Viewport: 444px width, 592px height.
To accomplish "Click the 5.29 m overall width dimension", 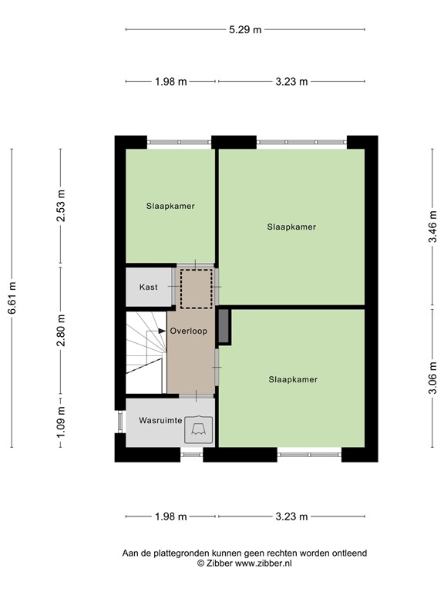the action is [245, 29].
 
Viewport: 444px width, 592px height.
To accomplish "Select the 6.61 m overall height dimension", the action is [12, 298].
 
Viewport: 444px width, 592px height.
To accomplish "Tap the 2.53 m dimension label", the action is [61, 205].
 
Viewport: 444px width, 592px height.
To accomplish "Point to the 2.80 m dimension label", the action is [61, 331].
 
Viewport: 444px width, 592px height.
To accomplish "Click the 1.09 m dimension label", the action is [61, 422].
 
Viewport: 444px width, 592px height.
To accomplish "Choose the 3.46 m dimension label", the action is [432, 227].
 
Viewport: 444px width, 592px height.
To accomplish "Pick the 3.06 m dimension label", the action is [432, 378].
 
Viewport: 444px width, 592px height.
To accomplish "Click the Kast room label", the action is [148, 287].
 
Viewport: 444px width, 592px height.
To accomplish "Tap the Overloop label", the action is [188, 331].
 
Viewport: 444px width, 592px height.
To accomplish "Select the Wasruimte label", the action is [160, 420].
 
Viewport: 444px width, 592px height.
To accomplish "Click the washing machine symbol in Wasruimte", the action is [199, 429].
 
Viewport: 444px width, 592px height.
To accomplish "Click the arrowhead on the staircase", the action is [162, 331].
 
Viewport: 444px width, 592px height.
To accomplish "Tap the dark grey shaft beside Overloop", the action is [224, 326].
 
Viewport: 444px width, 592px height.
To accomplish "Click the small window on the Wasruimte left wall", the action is [120, 422].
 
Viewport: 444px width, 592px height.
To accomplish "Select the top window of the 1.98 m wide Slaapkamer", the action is [179, 143].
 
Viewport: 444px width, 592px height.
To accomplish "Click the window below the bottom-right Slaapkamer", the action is [309, 455].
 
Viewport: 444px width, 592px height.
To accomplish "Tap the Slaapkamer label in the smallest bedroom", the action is [170, 206].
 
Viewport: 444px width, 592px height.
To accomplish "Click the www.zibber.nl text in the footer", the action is [264, 563].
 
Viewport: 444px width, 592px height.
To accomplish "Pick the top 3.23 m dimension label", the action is [291, 82].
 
